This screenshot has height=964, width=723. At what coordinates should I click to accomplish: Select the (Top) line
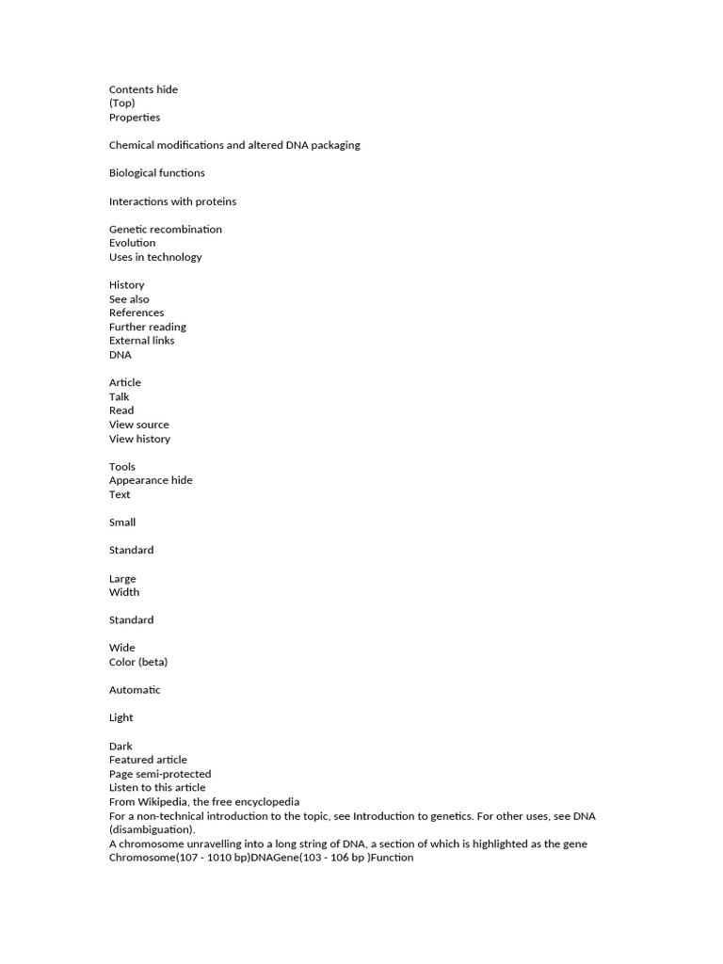pos(122,104)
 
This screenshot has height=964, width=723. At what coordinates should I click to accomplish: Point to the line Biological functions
pos(156,173)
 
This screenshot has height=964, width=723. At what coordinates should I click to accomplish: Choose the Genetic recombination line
pos(166,229)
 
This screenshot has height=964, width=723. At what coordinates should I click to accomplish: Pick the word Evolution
pos(133,243)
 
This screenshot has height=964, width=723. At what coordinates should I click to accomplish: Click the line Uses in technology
pos(155,257)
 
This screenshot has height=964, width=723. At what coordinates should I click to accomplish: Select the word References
pos(137,313)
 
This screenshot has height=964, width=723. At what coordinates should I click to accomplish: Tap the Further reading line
pos(148,327)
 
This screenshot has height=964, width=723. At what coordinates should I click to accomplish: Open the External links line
pos(142,341)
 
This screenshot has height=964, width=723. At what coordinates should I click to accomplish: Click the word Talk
pos(120,396)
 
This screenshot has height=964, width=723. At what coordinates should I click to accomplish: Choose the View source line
pos(139,425)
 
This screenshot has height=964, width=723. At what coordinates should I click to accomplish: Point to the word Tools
pos(122,466)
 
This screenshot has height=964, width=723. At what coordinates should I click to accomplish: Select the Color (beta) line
pos(138,662)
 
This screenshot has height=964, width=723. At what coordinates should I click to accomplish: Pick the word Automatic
pos(135,690)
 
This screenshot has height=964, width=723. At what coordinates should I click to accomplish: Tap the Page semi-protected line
pos(160,774)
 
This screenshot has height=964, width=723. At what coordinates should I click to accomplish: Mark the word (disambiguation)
pos(152,829)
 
